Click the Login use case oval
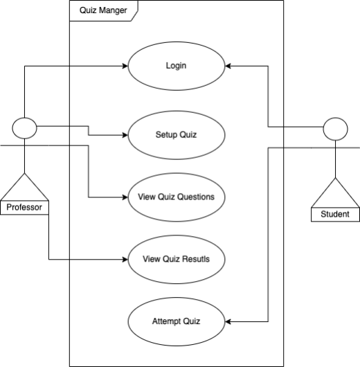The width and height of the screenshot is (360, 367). pos(177,66)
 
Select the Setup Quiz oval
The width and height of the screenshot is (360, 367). pos(177,134)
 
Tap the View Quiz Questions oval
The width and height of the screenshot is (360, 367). pos(177,197)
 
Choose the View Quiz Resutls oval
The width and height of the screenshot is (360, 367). pos(177,259)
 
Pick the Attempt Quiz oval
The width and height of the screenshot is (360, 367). pos(177,321)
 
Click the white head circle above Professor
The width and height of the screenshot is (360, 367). pos(25,128)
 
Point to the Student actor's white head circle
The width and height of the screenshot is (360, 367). pos(335,129)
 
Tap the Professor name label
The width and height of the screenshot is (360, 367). pos(24,207)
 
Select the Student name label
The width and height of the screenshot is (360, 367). pos(335,215)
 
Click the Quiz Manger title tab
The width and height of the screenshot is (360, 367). pos(103,11)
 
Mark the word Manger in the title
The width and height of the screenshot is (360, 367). pos(113,11)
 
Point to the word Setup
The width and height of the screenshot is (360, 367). pos(166,134)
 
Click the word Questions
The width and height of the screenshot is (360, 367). pos(196,197)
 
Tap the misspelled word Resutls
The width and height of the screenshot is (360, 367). pos(196,259)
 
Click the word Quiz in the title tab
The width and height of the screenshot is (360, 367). pos(88,11)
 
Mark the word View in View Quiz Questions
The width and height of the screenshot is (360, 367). pos(138,197)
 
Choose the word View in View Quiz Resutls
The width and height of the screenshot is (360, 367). pos(152,259)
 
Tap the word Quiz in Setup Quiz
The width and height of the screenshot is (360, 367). pos(188,134)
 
